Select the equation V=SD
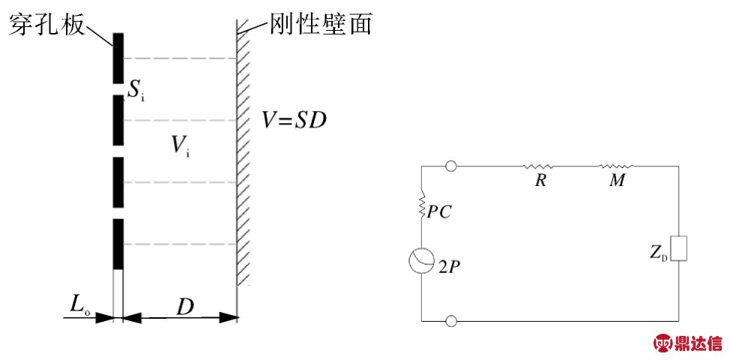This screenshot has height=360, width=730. [x=295, y=119]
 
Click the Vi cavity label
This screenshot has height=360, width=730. [x=180, y=145]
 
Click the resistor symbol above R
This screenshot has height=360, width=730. [x=539, y=166]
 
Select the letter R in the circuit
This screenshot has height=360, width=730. [x=540, y=181]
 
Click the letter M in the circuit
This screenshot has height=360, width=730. [x=618, y=181]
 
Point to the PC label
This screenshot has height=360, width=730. [x=440, y=212]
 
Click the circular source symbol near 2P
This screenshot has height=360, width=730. [x=420, y=260]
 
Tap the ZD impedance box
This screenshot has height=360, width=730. [x=678, y=247]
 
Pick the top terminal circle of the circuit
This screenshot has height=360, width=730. [x=451, y=166]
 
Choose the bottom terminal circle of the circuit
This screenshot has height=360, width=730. [x=451, y=321]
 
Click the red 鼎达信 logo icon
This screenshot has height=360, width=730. [x=665, y=343]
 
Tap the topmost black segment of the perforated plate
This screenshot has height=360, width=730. [x=118, y=59]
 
